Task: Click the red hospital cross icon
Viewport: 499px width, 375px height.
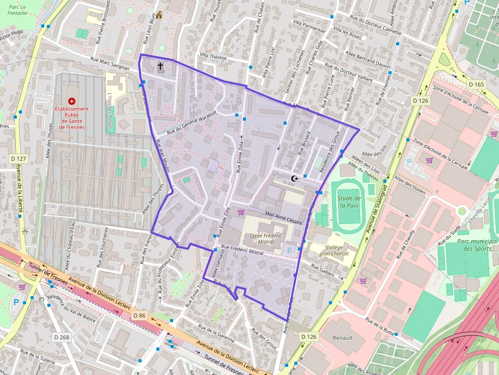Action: click(x=71, y=102)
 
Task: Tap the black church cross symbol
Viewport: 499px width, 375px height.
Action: click(x=160, y=66)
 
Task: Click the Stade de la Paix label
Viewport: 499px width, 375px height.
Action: click(x=349, y=203)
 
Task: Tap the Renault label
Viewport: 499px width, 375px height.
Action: click(x=342, y=337)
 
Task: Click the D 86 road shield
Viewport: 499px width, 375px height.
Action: click(x=139, y=315)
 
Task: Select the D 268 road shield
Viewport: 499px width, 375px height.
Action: click(x=61, y=337)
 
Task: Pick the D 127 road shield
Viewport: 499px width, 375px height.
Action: click(x=18, y=159)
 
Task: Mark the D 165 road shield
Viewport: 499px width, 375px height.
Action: click(x=476, y=84)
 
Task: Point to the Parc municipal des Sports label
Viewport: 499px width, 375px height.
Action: click(x=477, y=245)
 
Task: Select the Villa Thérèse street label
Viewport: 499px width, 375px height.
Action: click(x=213, y=57)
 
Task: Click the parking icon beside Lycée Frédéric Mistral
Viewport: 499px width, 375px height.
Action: click(x=290, y=250)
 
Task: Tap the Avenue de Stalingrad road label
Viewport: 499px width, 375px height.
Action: click(x=376, y=206)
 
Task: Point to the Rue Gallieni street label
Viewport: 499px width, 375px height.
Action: click(x=323, y=271)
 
